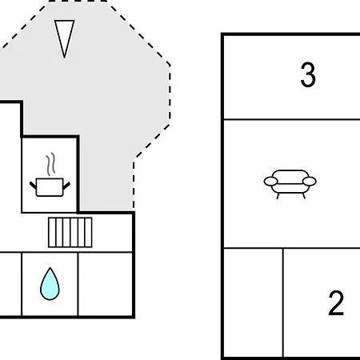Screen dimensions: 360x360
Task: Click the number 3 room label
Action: [x=308, y=74]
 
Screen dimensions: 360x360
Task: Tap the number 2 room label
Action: [x=336, y=303]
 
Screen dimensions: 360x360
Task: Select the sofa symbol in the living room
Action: [x=290, y=184]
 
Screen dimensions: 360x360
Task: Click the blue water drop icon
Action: [x=50, y=284]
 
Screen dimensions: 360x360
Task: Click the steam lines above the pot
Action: [x=50, y=164]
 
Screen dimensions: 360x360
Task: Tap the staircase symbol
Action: [x=70, y=232]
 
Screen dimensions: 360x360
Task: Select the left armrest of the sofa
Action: [x=270, y=182]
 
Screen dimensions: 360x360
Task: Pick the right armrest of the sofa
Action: [x=310, y=182]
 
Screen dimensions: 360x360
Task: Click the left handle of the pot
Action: [x=33, y=185]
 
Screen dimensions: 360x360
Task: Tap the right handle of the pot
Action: [x=66, y=185]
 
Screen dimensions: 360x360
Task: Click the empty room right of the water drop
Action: [x=106, y=284]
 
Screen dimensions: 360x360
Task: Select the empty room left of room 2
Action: [x=254, y=302]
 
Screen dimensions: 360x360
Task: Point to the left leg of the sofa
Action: [x=278, y=196]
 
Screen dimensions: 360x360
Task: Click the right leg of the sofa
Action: [x=303, y=196]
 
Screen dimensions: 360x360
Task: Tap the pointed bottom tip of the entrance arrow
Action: [x=65, y=58]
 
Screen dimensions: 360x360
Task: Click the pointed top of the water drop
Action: [x=50, y=268]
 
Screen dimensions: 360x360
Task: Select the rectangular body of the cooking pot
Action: [x=50, y=187]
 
